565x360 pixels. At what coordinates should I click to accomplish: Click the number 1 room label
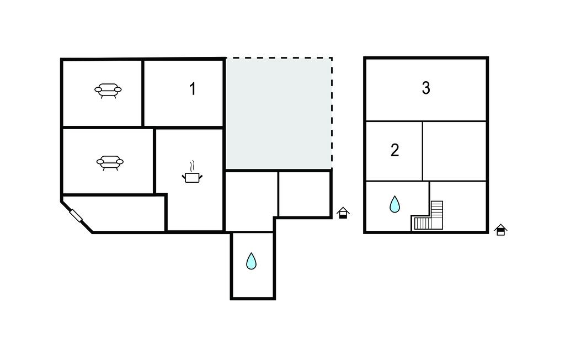pyautogui.click(x=193, y=89)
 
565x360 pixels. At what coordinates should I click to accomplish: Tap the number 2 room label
pyautogui.click(x=395, y=150)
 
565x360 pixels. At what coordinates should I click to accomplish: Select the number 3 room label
pyautogui.click(x=426, y=88)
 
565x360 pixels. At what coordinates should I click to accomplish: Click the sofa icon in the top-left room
pyautogui.click(x=108, y=91)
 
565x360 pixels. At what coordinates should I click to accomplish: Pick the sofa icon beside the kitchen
pyautogui.click(x=110, y=163)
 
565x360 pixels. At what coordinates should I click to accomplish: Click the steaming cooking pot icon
pyautogui.click(x=192, y=172)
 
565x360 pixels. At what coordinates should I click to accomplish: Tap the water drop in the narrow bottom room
pyautogui.click(x=251, y=261)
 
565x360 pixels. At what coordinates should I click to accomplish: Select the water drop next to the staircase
pyautogui.click(x=395, y=204)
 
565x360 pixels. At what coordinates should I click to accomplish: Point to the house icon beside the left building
pyautogui.click(x=343, y=213)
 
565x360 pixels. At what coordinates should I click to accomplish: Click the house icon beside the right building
pyautogui.click(x=500, y=230)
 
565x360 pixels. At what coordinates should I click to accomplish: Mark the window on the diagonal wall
pyautogui.click(x=76, y=216)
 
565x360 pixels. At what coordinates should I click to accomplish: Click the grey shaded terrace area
pyautogui.click(x=278, y=114)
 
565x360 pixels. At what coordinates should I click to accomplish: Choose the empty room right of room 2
pyautogui.click(x=454, y=151)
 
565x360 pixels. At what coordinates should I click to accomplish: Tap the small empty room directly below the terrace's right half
pyautogui.click(x=305, y=194)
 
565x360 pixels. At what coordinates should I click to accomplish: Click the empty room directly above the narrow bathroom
pyautogui.click(x=251, y=202)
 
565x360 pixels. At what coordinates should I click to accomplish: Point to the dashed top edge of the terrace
pyautogui.click(x=278, y=58)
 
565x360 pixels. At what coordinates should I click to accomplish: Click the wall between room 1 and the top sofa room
pyautogui.click(x=143, y=93)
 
